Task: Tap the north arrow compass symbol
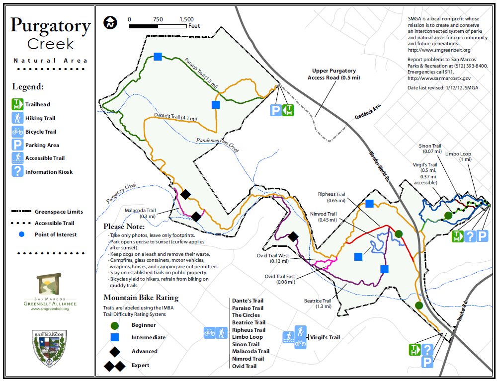pyautogui.click(x=110, y=23)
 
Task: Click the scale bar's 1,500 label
pyautogui.click(x=186, y=19)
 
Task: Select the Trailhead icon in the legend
pyautogui.click(x=17, y=104)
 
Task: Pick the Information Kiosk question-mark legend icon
pyautogui.click(x=17, y=171)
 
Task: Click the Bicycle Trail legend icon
pyautogui.click(x=17, y=132)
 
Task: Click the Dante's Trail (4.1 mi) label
pyautogui.click(x=175, y=117)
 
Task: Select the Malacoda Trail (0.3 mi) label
pyautogui.click(x=140, y=213)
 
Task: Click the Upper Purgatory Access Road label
pyautogui.click(x=334, y=74)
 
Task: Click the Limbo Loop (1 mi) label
pyautogui.click(x=458, y=156)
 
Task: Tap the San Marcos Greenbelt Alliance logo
pyautogui.click(x=49, y=293)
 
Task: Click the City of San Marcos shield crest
pyautogui.click(x=49, y=348)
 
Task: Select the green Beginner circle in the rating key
pyautogui.click(x=115, y=325)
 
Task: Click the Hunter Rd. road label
pyautogui.click(x=463, y=310)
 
